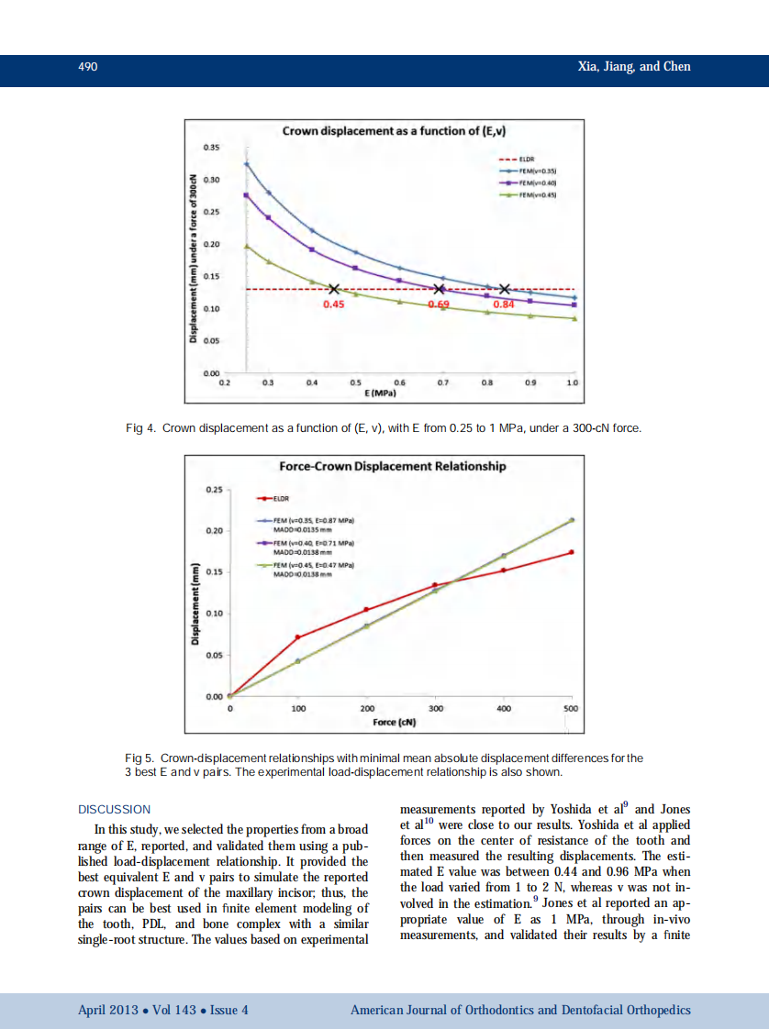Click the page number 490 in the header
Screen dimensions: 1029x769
[x=88, y=67]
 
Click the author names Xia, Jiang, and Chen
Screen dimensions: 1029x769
[x=634, y=67]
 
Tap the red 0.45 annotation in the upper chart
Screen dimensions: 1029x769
[x=334, y=304]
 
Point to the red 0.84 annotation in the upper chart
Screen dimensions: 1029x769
[x=504, y=304]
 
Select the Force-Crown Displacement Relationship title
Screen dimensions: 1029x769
[x=392, y=466]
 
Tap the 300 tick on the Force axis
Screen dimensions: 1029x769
[x=436, y=709]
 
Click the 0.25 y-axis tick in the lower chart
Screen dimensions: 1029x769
[x=212, y=490]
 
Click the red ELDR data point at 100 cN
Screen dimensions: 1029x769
[x=297, y=636]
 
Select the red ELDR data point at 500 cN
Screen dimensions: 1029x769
[x=572, y=552]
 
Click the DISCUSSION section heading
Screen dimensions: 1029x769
[x=115, y=810]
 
